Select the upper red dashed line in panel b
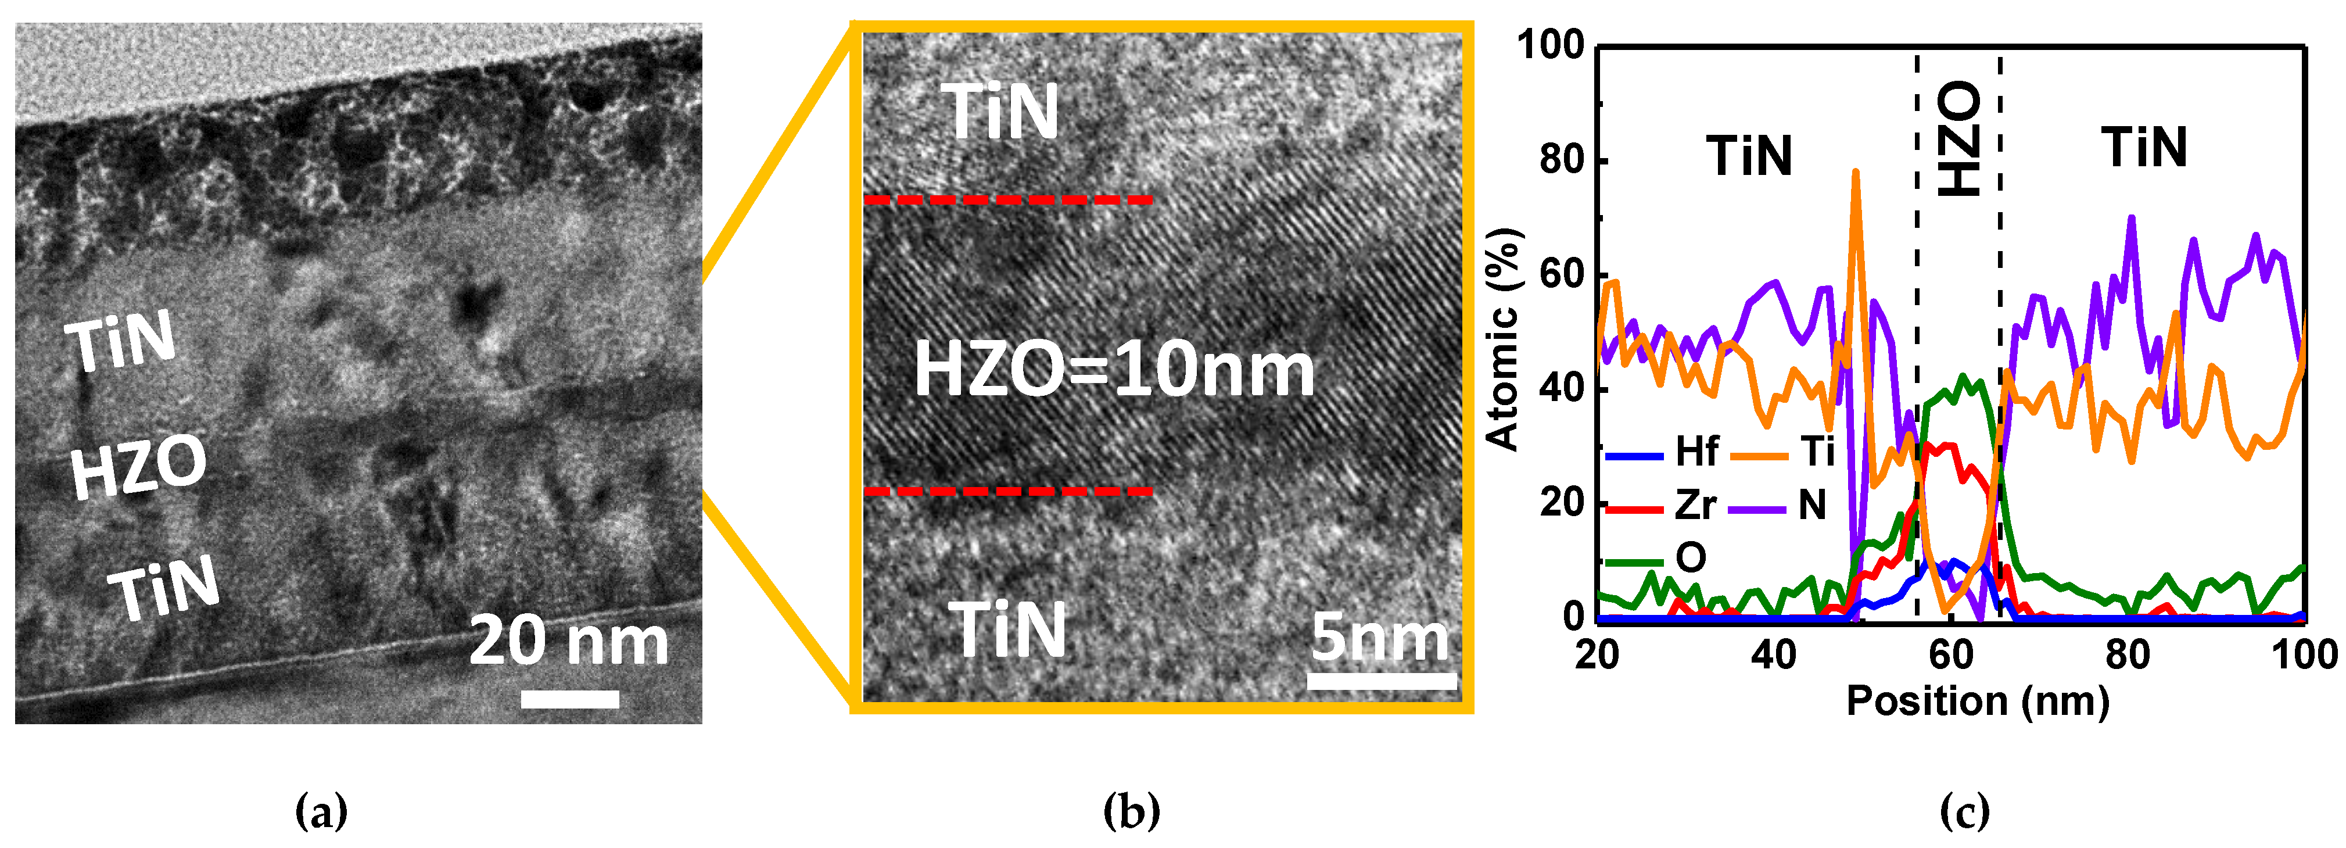point(1008,199)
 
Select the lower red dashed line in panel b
point(1008,492)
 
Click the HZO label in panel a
point(138,466)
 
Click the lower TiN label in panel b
point(1007,629)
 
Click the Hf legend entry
point(1662,452)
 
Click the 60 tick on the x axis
point(1951,654)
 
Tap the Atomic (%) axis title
point(1502,339)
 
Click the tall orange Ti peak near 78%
point(1855,173)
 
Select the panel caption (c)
point(1964,810)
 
